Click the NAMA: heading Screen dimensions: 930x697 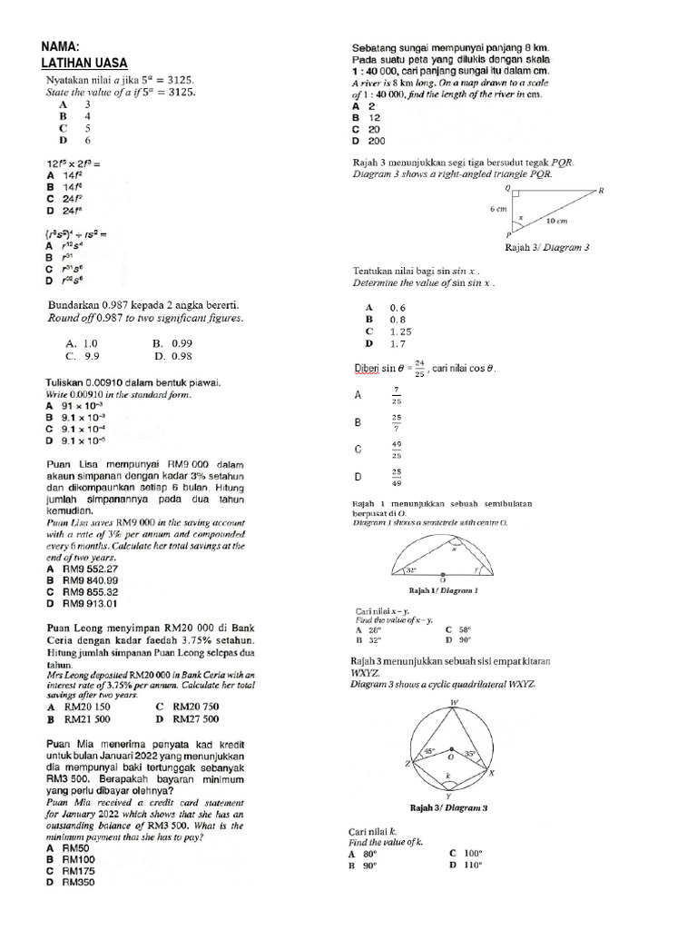(x=63, y=47)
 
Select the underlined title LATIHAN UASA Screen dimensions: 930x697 (x=84, y=63)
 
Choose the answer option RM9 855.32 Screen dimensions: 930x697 (x=90, y=591)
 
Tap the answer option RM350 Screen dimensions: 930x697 (x=78, y=882)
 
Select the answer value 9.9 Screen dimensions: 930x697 (x=90, y=357)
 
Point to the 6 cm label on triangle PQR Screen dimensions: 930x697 (x=497, y=209)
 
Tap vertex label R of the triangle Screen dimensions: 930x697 (x=601, y=190)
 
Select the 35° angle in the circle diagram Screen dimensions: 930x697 (x=470, y=754)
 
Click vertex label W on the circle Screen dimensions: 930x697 (x=453, y=703)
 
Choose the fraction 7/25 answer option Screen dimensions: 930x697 (x=396, y=396)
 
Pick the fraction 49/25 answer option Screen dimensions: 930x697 (x=397, y=450)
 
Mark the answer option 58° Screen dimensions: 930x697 (x=466, y=628)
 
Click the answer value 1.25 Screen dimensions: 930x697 (x=399, y=331)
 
